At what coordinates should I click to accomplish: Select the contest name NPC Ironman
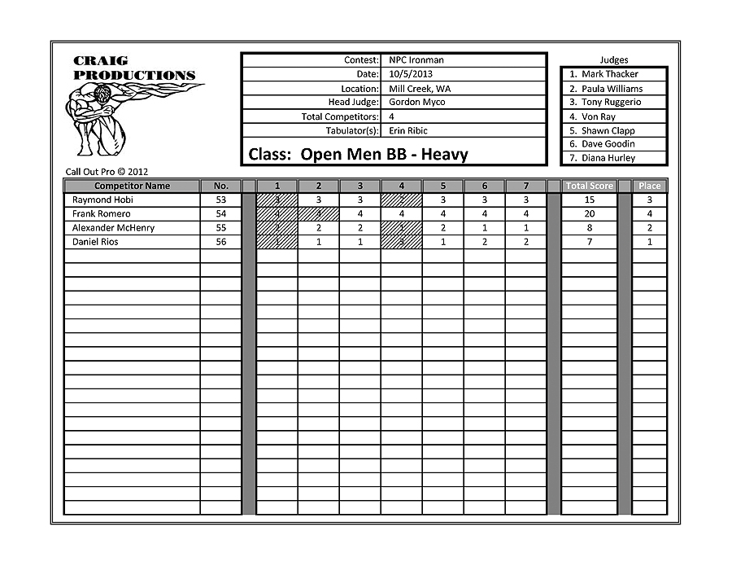pyautogui.click(x=416, y=60)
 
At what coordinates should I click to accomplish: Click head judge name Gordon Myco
pyautogui.click(x=416, y=103)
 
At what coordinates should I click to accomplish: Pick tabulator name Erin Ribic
pyautogui.click(x=407, y=130)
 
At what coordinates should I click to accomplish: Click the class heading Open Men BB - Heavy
pyautogui.click(x=358, y=155)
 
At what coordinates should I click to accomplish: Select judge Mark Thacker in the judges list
pyautogui.click(x=609, y=74)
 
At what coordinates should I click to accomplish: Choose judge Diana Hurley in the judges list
pyautogui.click(x=608, y=158)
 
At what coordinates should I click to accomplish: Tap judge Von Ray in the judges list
pyautogui.click(x=598, y=116)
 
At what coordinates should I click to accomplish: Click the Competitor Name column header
pyautogui.click(x=132, y=186)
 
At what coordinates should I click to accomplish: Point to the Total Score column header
pyautogui.click(x=590, y=186)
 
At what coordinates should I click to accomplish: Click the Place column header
pyautogui.click(x=650, y=186)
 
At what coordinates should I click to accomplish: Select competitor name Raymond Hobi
pyautogui.click(x=102, y=200)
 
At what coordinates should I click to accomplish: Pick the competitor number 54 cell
pyautogui.click(x=221, y=213)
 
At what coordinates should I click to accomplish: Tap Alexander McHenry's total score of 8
pyautogui.click(x=590, y=228)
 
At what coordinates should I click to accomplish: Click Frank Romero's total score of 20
pyautogui.click(x=590, y=213)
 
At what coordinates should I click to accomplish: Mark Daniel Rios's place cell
pyautogui.click(x=650, y=242)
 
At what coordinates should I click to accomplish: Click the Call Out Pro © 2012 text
pyautogui.click(x=107, y=172)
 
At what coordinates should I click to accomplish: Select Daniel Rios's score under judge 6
pyautogui.click(x=485, y=242)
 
